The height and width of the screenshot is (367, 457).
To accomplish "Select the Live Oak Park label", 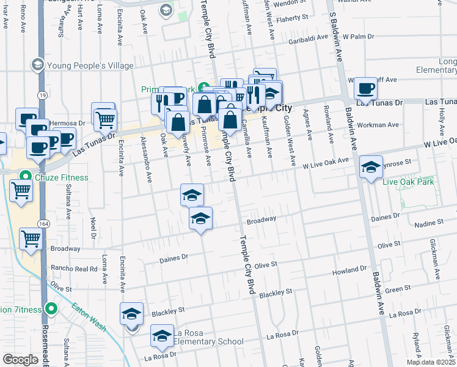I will (x=408, y=182).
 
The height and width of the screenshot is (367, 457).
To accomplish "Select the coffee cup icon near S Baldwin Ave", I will (x=366, y=89).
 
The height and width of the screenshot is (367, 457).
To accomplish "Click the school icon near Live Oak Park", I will (x=371, y=167).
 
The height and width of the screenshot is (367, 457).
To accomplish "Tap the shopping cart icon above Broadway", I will (x=31, y=240).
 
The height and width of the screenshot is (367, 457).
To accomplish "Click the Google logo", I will (x=20, y=360).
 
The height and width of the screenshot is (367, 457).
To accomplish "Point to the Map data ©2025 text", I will (x=430, y=361).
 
